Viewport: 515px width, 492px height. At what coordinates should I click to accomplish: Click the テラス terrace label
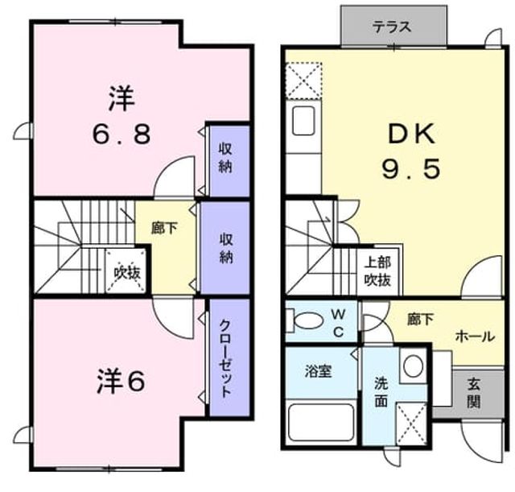[392, 27]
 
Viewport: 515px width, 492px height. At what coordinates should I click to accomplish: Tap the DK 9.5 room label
[411, 151]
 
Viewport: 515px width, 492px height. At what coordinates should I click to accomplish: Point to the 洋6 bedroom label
[121, 381]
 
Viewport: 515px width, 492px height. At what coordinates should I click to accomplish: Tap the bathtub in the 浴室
[321, 422]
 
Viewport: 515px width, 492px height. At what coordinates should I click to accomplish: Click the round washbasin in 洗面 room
[413, 366]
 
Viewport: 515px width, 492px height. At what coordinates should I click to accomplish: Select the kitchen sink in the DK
[304, 121]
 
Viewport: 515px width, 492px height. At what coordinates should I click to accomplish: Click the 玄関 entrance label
[474, 393]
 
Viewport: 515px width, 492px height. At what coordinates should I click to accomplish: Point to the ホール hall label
[475, 337]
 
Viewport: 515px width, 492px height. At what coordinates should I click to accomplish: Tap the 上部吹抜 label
[377, 271]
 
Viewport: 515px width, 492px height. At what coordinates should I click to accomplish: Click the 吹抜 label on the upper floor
[127, 272]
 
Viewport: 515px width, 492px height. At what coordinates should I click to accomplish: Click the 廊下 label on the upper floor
[164, 228]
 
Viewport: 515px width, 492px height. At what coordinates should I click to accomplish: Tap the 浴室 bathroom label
[318, 371]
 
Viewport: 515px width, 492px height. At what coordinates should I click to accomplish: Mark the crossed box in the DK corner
[303, 81]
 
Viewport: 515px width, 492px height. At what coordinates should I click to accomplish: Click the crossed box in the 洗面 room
[411, 424]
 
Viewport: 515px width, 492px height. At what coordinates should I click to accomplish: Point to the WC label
[338, 324]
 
